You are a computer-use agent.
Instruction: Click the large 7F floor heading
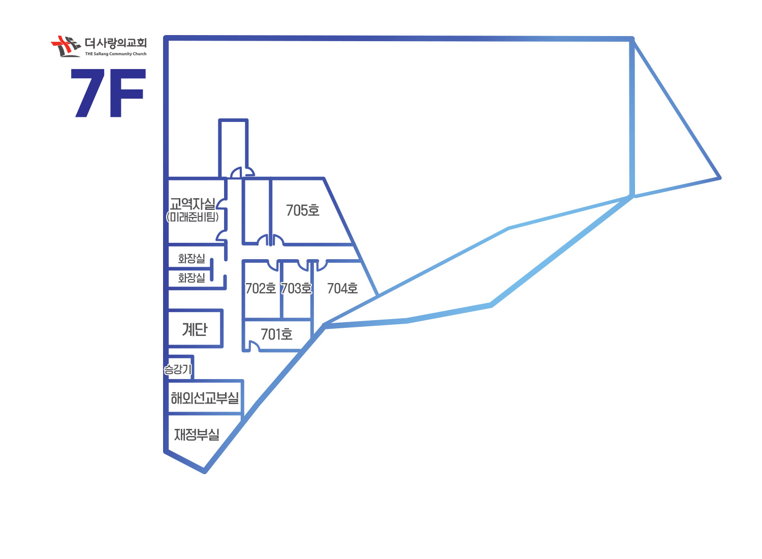tap(108, 93)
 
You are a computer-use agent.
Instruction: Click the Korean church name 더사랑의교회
tap(116, 43)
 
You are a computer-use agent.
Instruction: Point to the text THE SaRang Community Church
tap(116, 54)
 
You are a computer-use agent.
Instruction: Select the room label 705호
tap(303, 210)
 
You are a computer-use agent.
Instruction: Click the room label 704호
tap(342, 289)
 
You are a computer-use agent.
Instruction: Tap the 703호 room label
tap(296, 289)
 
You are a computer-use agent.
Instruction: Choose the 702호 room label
tap(261, 289)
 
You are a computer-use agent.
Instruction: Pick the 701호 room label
tap(276, 334)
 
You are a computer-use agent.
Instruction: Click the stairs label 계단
tap(195, 329)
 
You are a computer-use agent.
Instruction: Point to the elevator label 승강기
tap(178, 369)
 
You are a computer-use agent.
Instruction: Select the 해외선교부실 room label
tap(205, 398)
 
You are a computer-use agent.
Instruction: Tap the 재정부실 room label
tap(197, 434)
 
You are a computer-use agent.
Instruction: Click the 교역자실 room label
tap(193, 204)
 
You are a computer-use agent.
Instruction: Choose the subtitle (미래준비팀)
tap(193, 217)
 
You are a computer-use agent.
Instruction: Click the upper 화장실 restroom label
tap(192, 258)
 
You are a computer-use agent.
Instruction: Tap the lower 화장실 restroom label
tap(192, 277)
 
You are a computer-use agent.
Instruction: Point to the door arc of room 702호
tap(272, 265)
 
